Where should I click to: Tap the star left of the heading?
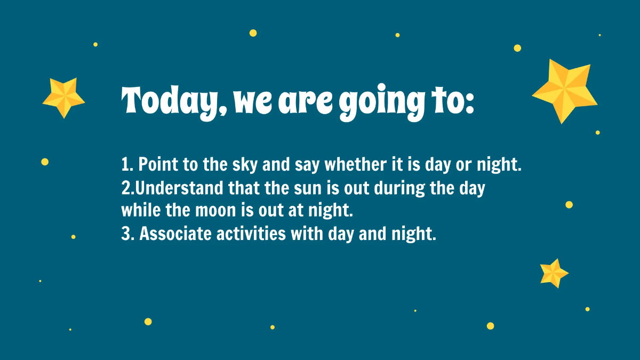[63, 97]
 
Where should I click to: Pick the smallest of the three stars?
[553, 273]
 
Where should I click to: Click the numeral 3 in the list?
[126, 234]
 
